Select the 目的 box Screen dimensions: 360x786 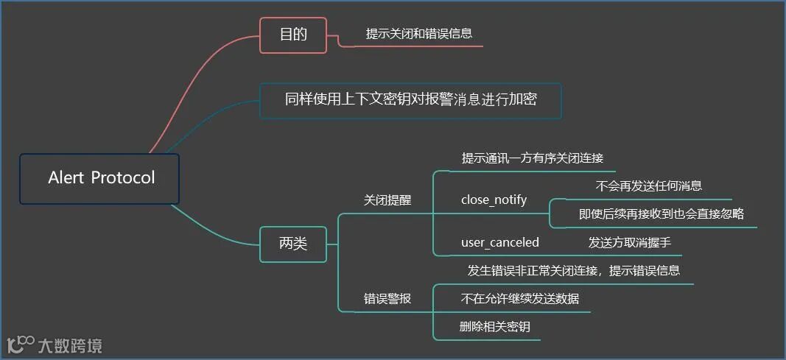point(293,35)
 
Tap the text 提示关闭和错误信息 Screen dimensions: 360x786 point(419,33)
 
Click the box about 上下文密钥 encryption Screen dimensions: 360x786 point(410,101)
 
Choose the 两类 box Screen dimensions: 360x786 point(293,244)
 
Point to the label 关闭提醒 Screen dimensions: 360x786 point(387,200)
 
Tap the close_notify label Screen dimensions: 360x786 point(494,200)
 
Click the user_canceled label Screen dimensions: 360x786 point(500,242)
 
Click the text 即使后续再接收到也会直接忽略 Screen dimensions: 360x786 point(662,213)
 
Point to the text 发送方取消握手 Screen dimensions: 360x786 point(630,242)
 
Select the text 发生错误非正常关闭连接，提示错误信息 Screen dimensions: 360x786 point(573,270)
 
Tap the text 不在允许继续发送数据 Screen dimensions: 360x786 point(520,298)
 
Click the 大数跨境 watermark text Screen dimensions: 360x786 point(71,345)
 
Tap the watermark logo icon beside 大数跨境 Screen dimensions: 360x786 point(21,344)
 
